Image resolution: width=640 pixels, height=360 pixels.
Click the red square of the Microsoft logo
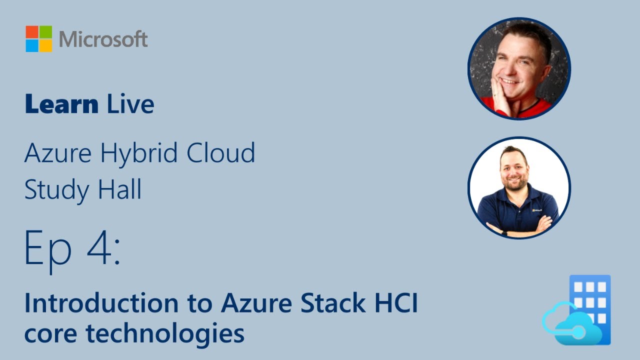[x=32, y=32]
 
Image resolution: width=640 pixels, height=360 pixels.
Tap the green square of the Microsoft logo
[x=45, y=32]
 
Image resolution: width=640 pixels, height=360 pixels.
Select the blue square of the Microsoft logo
[x=32, y=45]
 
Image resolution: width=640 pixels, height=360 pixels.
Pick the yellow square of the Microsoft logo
[x=45, y=45]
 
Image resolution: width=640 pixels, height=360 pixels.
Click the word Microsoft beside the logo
[x=103, y=39]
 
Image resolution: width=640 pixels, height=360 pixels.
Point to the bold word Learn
[x=61, y=104]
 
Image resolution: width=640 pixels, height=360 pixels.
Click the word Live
[x=130, y=104]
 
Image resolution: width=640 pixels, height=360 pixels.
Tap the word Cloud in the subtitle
[x=221, y=153]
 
